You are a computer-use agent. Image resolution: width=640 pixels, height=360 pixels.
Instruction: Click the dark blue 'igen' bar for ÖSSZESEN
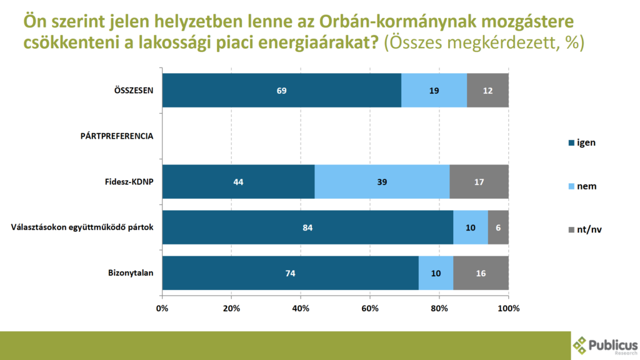coord(281,90)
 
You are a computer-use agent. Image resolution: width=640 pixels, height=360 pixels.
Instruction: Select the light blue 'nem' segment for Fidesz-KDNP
coord(382,182)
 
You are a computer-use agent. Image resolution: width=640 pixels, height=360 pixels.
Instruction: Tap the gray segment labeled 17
coord(479,182)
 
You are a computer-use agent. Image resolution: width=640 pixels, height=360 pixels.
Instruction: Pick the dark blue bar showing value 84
coord(307,227)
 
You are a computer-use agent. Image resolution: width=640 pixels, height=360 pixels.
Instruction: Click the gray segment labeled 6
coord(498,227)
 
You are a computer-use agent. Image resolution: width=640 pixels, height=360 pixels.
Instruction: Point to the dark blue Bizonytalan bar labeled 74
coord(290,273)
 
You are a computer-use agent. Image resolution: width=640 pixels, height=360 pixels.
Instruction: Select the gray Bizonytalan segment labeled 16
coord(481,273)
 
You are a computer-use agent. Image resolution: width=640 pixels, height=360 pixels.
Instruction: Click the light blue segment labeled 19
coord(434,90)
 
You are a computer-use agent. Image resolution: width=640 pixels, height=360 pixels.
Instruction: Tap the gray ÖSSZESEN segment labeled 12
coord(487,90)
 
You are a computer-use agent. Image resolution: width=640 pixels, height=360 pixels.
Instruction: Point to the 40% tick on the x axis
coord(301,308)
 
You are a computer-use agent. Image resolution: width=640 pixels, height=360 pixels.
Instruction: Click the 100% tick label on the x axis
coord(508,308)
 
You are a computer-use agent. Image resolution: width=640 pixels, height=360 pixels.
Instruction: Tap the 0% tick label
coord(162,308)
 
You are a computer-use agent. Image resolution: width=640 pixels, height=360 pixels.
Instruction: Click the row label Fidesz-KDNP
coord(129,182)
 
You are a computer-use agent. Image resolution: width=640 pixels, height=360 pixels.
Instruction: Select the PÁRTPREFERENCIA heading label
coord(117,136)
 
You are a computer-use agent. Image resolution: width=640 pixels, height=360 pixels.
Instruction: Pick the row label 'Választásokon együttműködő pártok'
coord(82,227)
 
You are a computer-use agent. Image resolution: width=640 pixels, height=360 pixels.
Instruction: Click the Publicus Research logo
coord(604,345)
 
